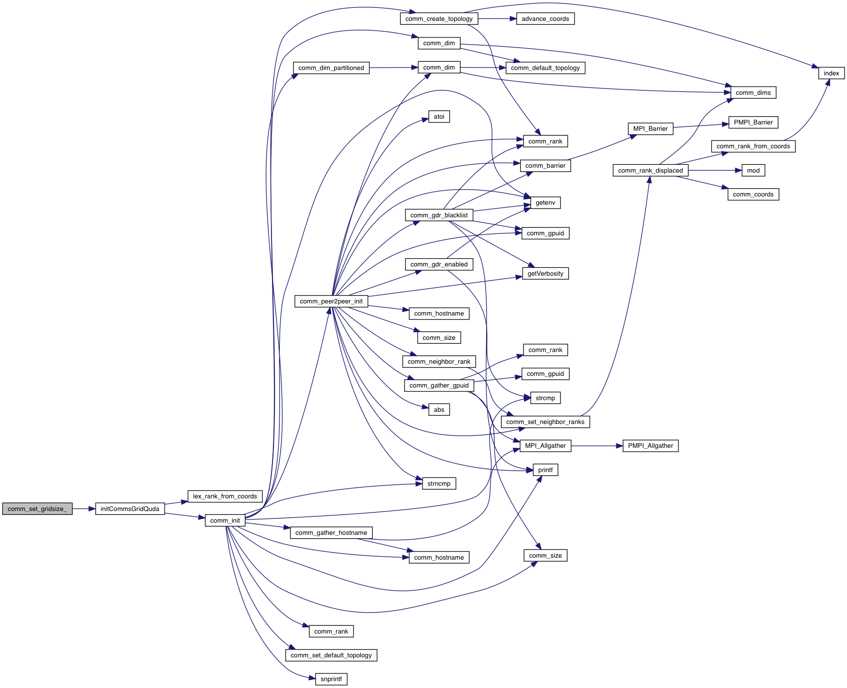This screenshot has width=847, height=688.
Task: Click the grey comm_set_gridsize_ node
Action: (x=37, y=509)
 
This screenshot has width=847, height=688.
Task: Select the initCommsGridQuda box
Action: (x=130, y=509)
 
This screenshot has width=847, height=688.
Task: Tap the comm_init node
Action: (x=225, y=520)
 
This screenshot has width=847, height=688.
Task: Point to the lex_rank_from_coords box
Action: (x=225, y=496)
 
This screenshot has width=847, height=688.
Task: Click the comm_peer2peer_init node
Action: (x=331, y=301)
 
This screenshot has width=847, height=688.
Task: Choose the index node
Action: (x=831, y=73)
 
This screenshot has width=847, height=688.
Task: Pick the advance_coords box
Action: (x=545, y=18)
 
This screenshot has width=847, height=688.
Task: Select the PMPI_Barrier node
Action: (x=753, y=122)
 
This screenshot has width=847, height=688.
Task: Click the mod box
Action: (x=753, y=170)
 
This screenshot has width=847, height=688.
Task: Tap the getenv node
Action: (x=545, y=202)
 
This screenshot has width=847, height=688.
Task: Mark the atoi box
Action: (x=439, y=116)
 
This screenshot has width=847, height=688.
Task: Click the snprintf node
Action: (x=331, y=679)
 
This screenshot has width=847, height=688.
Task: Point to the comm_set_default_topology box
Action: (x=331, y=655)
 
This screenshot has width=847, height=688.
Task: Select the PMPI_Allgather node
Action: (x=650, y=445)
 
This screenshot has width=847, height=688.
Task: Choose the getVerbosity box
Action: (x=545, y=273)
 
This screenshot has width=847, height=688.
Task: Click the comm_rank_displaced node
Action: (x=650, y=170)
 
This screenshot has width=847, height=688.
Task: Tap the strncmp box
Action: (x=439, y=483)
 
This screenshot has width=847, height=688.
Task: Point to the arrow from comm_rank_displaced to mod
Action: (x=714, y=170)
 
